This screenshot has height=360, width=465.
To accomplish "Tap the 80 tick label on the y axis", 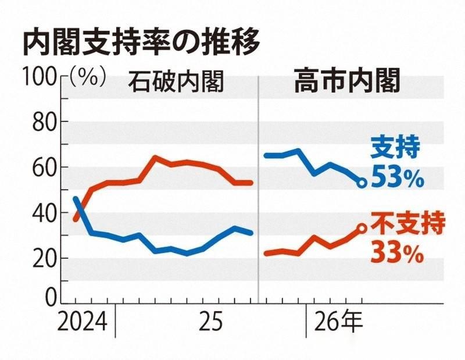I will click(42, 123).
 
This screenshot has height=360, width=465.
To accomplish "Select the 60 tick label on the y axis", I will click(42, 167).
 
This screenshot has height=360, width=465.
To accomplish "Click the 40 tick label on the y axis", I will click(42, 213).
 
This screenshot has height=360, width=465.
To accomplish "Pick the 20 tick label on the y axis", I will click(42, 258).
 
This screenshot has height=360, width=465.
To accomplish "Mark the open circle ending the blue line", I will click(361, 183).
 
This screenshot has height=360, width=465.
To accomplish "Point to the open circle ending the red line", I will click(361, 229).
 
